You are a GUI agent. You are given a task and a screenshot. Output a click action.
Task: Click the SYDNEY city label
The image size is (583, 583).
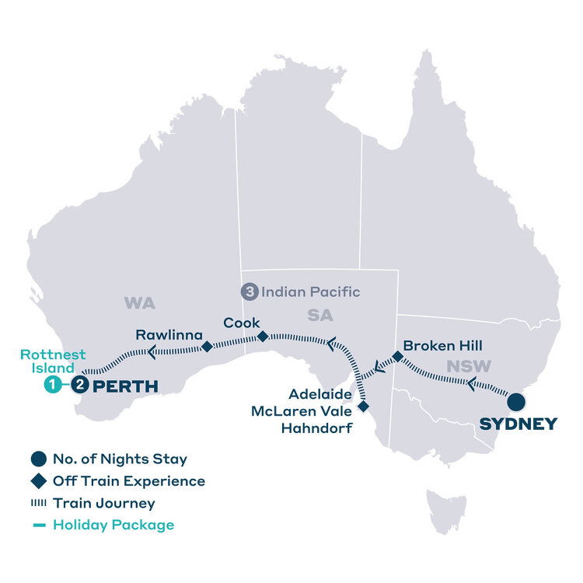pyautogui.click(x=518, y=424)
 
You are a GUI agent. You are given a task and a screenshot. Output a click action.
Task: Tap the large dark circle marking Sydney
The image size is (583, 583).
pyautogui.click(x=515, y=402)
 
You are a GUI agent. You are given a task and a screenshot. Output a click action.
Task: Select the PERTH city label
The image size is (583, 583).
pyautogui.click(x=126, y=386)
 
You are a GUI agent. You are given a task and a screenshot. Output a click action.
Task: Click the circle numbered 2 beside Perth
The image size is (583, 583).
pyautogui.click(x=79, y=384)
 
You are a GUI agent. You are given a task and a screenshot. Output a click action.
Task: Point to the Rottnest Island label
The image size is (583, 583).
pyautogui.click(x=53, y=361)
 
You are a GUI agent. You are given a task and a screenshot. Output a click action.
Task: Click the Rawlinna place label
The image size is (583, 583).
pyautogui.click(x=169, y=335)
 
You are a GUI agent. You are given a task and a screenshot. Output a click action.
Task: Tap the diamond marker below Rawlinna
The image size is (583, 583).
pyautogui.click(x=207, y=347)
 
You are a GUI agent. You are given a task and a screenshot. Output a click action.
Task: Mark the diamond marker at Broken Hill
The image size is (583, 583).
pyautogui.click(x=396, y=357)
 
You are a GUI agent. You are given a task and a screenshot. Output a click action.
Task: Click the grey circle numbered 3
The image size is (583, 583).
pyautogui.click(x=249, y=293)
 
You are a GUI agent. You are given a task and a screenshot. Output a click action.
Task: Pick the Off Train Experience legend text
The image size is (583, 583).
pyautogui.click(x=129, y=481)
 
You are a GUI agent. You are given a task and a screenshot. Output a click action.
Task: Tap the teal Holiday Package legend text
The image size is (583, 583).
pyautogui.click(x=113, y=525)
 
